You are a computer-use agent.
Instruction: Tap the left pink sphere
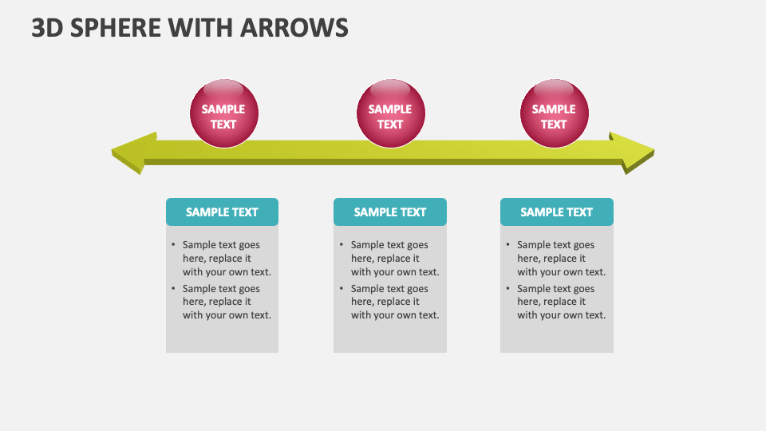point(223,113)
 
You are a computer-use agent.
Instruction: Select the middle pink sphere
point(390,113)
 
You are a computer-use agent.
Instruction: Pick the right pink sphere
point(554,113)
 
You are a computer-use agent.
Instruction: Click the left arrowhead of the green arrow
point(132,152)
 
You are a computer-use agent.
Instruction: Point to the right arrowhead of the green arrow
point(634,152)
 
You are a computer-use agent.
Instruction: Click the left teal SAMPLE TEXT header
point(222,212)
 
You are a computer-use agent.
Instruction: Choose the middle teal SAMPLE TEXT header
point(389,212)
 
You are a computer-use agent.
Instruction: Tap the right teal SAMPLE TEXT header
point(556,212)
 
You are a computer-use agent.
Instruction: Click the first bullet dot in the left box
point(172,245)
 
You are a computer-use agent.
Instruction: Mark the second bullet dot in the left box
point(172,289)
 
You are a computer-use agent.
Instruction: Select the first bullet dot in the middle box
point(341,245)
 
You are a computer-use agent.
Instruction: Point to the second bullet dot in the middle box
point(341,289)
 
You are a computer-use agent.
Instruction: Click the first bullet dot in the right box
point(507,245)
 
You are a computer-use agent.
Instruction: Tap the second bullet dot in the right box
point(507,289)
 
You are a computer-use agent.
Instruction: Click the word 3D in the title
point(46,27)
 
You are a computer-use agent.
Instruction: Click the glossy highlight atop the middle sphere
point(390,87)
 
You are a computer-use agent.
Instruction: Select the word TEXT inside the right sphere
point(554,125)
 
